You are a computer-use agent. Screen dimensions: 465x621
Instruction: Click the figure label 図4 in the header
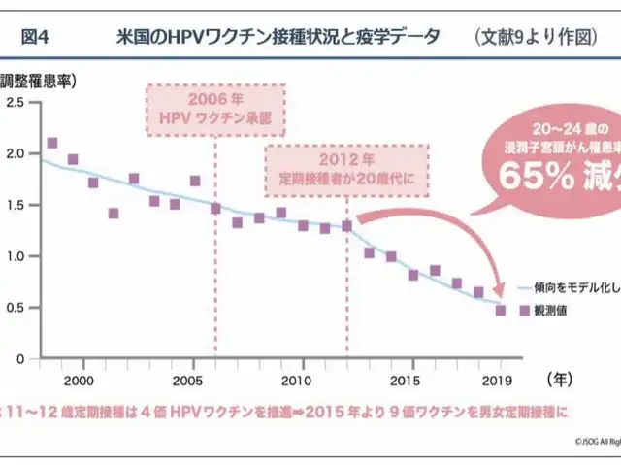[x=35, y=37]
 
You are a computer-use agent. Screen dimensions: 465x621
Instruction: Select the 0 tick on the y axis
[x=19, y=358]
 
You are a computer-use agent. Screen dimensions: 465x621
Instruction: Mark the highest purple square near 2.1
[x=52, y=144]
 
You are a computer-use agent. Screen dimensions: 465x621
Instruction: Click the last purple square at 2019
[x=501, y=311]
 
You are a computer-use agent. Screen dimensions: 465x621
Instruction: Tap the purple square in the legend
[x=525, y=311]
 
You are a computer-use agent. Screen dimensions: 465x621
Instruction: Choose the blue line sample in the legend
[x=529, y=288]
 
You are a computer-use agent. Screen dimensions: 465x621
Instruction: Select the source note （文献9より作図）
[x=536, y=37]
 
